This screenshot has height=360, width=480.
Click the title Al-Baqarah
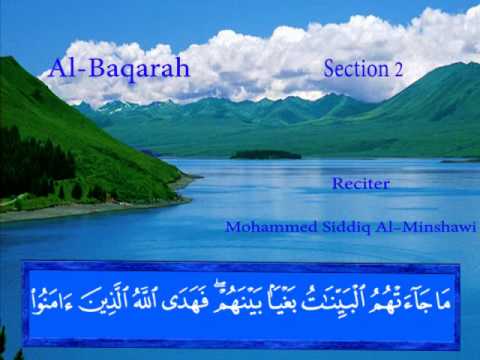[x=119, y=69]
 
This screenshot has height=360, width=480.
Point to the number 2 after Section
[x=398, y=69]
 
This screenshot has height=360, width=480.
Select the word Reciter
[x=361, y=184]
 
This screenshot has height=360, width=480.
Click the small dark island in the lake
[x=265, y=155]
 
